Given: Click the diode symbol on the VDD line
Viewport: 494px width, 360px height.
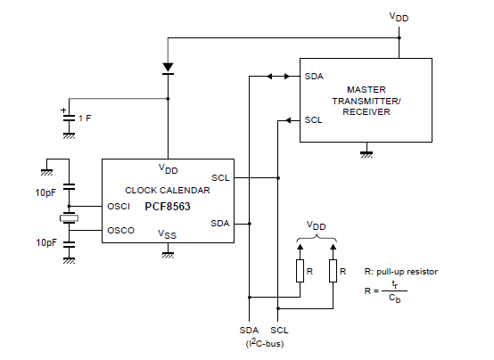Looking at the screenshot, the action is click(168, 69).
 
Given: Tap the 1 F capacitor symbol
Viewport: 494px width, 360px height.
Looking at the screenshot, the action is click(69, 119).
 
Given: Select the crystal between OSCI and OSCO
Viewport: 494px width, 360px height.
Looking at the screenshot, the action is click(69, 218).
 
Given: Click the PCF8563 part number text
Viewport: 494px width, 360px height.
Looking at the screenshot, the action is click(168, 207).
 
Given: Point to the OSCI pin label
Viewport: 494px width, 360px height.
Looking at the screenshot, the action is click(119, 207).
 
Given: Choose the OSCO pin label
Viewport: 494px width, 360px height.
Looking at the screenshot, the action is click(121, 231).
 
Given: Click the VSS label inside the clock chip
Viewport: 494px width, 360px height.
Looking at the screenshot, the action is click(168, 234).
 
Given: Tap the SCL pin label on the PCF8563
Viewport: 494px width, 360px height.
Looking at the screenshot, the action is click(220, 178).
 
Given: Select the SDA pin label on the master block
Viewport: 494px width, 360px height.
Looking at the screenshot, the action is click(314, 77).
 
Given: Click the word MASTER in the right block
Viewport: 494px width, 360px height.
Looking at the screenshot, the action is click(366, 90).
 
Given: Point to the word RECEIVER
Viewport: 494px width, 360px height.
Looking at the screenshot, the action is click(366, 111).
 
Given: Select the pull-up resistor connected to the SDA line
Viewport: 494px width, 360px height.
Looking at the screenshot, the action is click(300, 271).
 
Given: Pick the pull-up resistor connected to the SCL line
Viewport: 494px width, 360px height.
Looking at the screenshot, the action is click(333, 271).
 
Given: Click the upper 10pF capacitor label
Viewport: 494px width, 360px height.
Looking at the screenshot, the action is click(46, 192).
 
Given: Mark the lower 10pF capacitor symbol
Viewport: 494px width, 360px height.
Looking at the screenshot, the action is click(69, 244).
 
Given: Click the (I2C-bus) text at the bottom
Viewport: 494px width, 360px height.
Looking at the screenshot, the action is click(265, 343).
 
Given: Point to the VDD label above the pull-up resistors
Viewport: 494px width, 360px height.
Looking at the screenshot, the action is click(317, 225).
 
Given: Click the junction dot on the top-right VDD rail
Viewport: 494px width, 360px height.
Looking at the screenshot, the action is click(399, 37).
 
